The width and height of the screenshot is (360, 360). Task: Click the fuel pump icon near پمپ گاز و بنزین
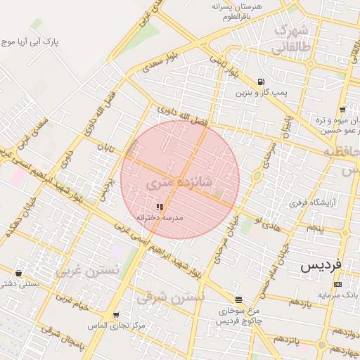[x=262, y=81]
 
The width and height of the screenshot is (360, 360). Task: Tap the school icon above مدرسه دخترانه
[x=160, y=207]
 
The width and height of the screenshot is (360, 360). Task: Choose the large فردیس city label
[x=321, y=266]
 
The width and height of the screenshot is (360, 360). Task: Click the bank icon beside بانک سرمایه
[x=338, y=284]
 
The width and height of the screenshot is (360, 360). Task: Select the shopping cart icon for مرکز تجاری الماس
[x=116, y=315]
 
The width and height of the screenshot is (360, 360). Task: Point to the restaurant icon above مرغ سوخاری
[x=239, y=299]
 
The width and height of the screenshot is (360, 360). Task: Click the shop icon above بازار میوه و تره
[x=342, y=109]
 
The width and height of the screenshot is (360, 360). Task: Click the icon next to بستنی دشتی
[x=18, y=273]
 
